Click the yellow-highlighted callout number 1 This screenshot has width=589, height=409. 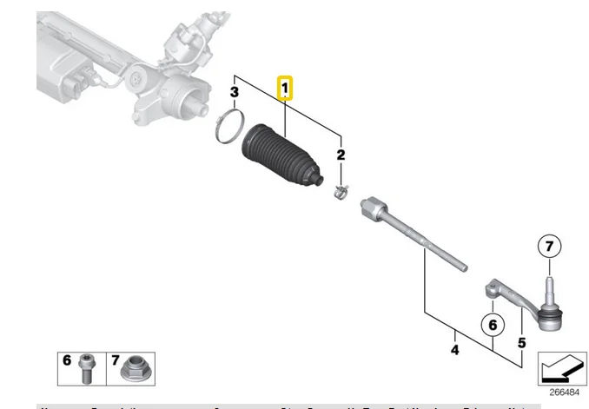tap(285, 88)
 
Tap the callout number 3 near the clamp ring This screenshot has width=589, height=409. tap(234, 92)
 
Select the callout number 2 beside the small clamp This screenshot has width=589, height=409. tap(341, 155)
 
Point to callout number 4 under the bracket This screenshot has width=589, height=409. tap(454, 351)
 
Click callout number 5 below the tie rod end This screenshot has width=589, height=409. tap(521, 343)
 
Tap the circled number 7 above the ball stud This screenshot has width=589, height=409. tap(548, 247)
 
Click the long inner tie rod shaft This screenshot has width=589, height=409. tap(426, 241)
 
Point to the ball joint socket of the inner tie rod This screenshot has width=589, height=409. tap(374, 208)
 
